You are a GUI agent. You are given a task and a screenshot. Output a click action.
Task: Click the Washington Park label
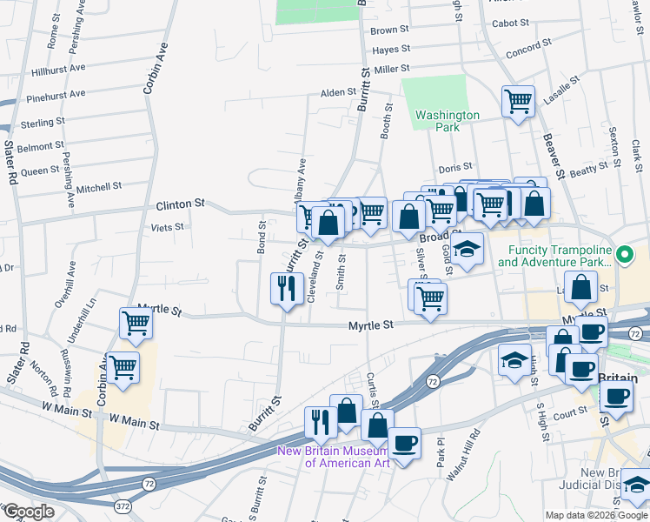click(x=447, y=121)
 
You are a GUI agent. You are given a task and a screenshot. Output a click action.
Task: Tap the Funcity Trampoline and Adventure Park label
click(x=560, y=255)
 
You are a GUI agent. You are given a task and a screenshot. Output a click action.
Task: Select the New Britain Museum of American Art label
click(x=335, y=456)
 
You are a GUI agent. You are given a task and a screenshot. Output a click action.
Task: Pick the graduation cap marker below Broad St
click(x=467, y=251)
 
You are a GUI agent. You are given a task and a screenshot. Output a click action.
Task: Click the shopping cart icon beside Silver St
click(x=430, y=299)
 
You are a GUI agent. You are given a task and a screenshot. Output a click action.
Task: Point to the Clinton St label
click(x=180, y=204)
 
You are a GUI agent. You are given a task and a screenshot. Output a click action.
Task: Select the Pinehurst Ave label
click(x=56, y=93)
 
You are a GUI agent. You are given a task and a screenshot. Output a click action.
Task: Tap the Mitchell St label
click(x=99, y=187)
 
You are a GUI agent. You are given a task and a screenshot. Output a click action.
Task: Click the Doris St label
click(x=454, y=166)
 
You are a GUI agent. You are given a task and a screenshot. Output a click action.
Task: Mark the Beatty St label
click(x=590, y=169)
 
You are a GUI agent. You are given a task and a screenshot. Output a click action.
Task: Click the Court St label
click(x=570, y=413)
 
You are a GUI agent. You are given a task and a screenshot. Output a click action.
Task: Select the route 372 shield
click(x=124, y=505)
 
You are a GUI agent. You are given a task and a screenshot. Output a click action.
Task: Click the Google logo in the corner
click(x=29, y=512)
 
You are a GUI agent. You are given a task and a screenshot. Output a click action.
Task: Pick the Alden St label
click(x=339, y=92)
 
